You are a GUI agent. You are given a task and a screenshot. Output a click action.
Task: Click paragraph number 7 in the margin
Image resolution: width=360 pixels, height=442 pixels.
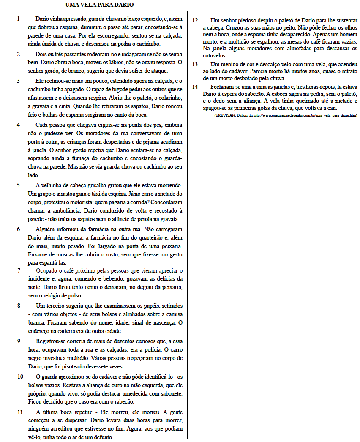[x=19, y=270]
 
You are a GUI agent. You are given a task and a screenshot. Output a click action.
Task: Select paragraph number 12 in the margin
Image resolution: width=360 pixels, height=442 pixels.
[x=195, y=20]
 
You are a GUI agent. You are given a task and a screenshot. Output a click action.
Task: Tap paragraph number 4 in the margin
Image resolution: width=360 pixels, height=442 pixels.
[x=19, y=125]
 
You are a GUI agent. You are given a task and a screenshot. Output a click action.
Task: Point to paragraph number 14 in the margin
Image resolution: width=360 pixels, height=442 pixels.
[x=195, y=87]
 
